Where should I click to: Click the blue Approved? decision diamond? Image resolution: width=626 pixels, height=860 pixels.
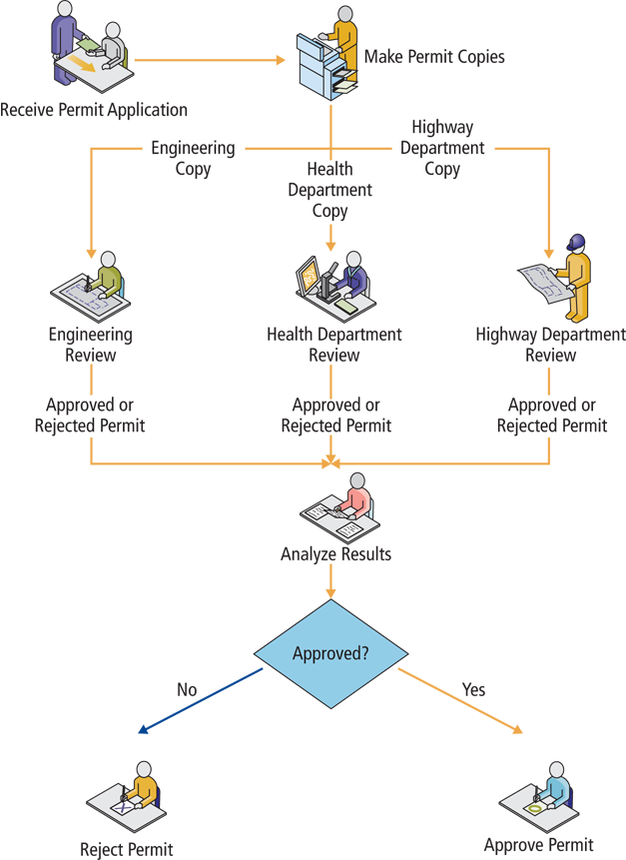point(330,655)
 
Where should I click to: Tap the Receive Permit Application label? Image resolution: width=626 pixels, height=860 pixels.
point(94,109)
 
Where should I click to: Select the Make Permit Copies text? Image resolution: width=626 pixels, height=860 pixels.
point(434,56)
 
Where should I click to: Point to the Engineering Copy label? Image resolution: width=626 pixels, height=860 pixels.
point(193,159)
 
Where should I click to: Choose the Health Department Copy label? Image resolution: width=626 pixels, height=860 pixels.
point(329,190)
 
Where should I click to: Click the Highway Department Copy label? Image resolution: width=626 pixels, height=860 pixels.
point(442,149)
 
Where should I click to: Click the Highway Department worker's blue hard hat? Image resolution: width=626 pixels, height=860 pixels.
point(575,243)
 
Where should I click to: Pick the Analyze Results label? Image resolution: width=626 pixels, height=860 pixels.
point(335,553)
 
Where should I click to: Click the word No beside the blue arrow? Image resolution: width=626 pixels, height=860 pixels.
point(187,689)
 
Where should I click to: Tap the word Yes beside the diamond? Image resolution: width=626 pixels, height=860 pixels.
point(473,689)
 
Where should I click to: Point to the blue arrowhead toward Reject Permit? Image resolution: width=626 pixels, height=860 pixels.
point(144,730)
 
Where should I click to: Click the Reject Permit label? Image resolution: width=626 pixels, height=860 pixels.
point(127,850)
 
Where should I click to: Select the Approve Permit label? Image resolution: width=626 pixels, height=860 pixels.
point(538,845)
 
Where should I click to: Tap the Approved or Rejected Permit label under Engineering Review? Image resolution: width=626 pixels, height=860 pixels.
point(90,416)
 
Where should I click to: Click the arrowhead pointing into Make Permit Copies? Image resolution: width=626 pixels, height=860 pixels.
point(280,60)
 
